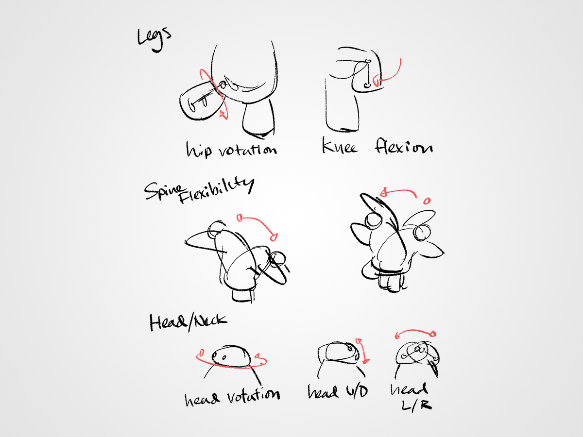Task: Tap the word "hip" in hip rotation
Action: coord(199,150)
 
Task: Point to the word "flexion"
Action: coord(404,146)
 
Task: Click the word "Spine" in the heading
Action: coord(163,191)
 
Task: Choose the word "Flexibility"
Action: coord(217,190)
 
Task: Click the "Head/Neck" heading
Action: coord(188,322)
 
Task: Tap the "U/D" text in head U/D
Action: coord(357,392)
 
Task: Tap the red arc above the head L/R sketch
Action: coord(415,331)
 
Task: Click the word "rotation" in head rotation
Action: coord(253,395)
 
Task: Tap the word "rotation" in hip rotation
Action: coord(248,150)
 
